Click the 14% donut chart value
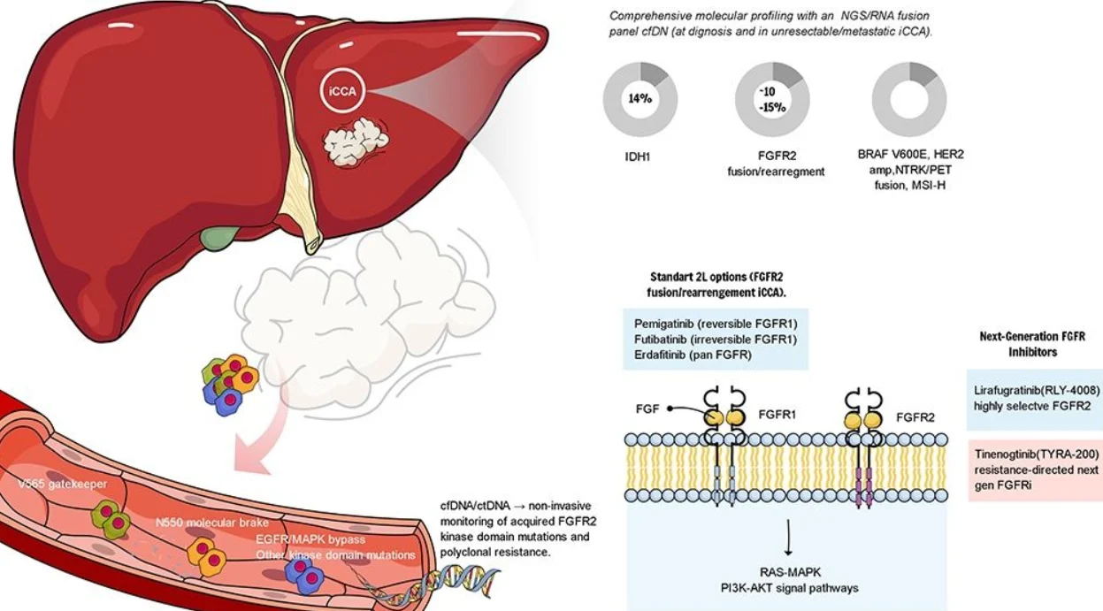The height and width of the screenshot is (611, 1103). point(640,99)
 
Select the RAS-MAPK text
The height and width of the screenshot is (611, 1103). point(787,572)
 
